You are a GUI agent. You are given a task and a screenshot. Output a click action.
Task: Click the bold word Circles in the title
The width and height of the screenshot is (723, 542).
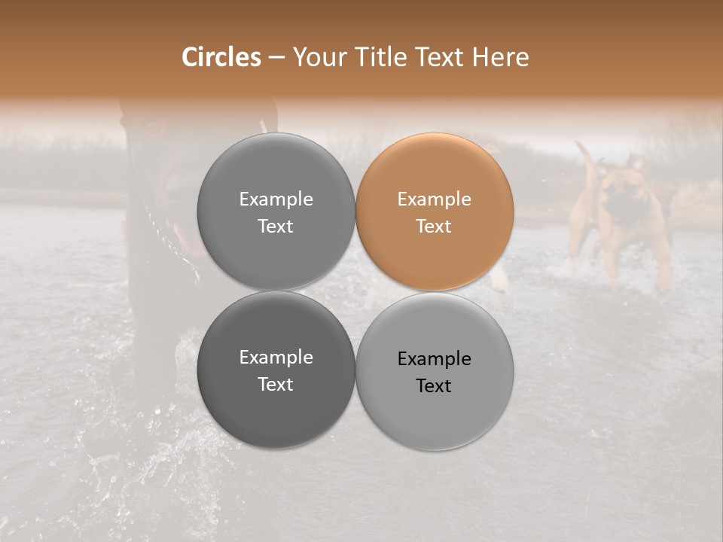point(221,57)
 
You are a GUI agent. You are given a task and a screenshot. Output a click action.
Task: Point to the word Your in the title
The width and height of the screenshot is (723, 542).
point(318,57)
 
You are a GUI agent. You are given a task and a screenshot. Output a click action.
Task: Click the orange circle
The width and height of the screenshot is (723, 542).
point(435,212)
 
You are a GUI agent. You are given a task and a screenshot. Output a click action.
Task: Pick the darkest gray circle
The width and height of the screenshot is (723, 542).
point(276,370)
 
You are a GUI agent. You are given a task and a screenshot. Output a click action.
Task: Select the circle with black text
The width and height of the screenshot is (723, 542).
point(435,371)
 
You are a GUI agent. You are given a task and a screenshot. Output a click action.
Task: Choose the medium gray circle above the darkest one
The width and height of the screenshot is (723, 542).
point(276,212)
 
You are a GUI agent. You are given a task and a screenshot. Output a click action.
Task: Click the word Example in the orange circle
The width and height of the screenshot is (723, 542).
point(435,199)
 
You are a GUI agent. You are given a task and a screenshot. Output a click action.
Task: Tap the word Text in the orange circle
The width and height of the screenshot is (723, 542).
point(435,226)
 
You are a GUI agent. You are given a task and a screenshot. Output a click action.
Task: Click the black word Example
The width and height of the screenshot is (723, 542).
point(435,358)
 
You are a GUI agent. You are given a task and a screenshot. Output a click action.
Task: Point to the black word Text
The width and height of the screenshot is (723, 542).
point(435,385)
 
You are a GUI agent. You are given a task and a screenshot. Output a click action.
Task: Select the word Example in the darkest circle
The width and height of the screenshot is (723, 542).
point(276,357)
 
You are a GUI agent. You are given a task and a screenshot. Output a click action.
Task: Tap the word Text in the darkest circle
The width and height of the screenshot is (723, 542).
point(276,384)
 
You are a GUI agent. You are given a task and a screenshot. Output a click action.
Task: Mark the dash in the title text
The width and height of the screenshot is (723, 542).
point(276,57)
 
